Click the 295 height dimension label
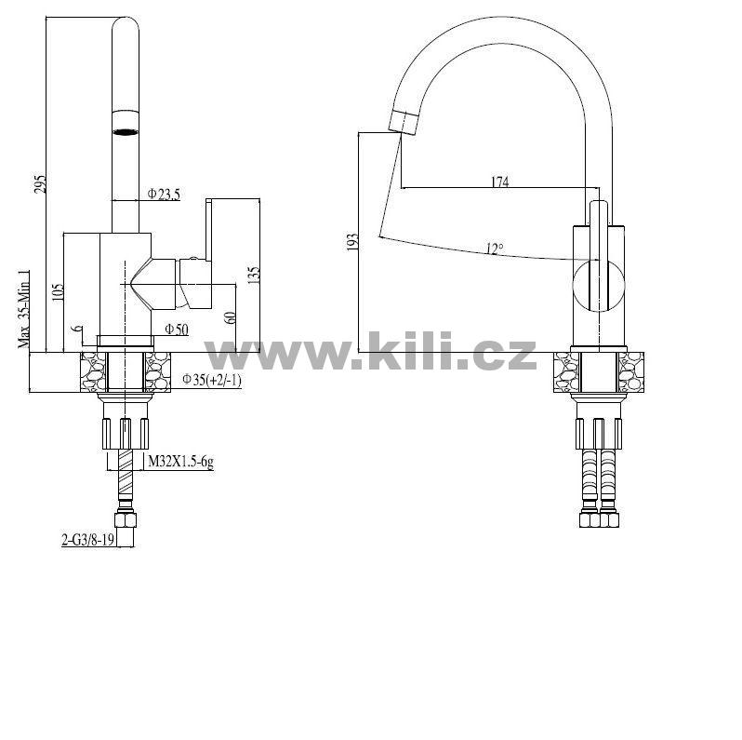tap(41, 183)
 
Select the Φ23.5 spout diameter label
tap(164, 195)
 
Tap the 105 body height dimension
tap(58, 293)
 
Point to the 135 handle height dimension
tap(254, 276)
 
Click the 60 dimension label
tap(230, 316)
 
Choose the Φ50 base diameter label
tap(177, 329)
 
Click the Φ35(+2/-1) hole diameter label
tap(212, 380)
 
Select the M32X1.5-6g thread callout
tap(180, 462)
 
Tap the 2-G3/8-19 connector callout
tap(88, 539)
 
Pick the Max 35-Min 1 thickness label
tap(23, 309)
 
